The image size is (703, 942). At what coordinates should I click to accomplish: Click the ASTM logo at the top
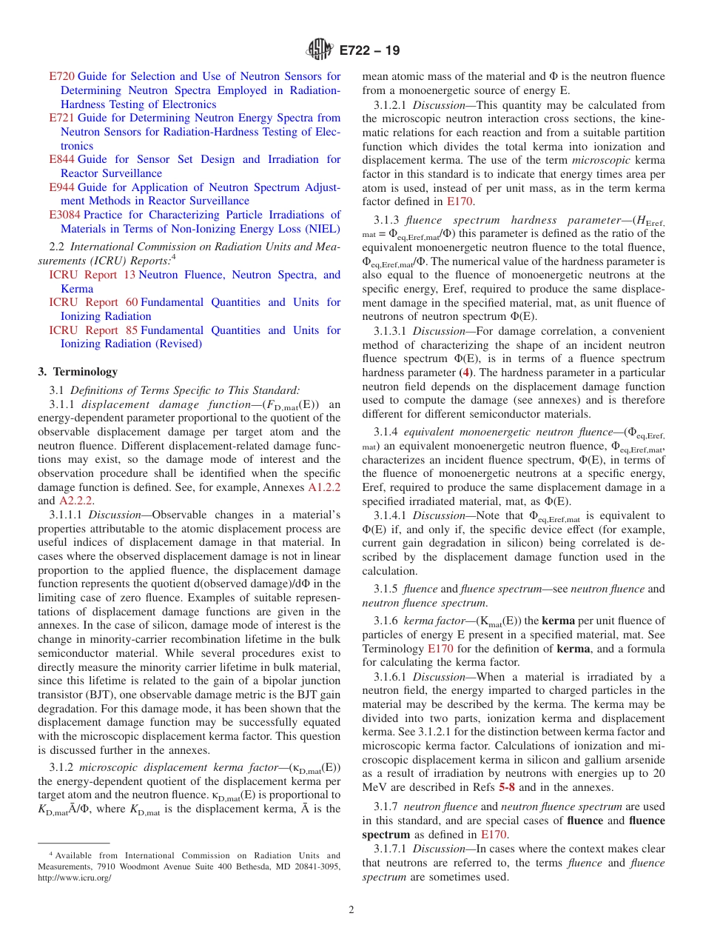tap(320, 50)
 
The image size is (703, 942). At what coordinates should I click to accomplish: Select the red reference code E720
tap(61, 76)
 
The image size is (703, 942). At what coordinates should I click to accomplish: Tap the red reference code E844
tap(61, 159)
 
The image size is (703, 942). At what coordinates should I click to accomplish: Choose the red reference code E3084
tap(64, 215)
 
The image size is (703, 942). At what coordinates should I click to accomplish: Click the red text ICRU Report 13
tap(92, 275)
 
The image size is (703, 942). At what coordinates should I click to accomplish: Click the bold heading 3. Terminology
tap(77, 372)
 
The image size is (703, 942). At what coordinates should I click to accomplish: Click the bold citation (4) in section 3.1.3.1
tap(465, 373)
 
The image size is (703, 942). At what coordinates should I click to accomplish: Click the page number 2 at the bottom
tap(351, 910)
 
